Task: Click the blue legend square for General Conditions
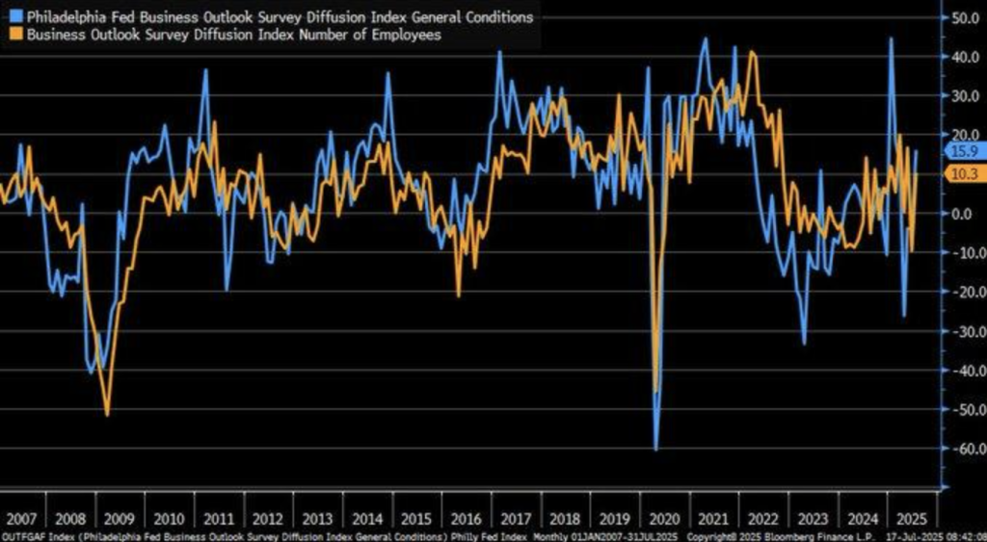pyautogui.click(x=15, y=16)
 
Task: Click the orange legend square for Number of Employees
pyautogui.click(x=15, y=35)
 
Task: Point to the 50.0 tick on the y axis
pyautogui.click(x=965, y=17)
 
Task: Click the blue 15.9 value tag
pyautogui.click(x=965, y=151)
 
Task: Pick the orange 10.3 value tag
pyautogui.click(x=965, y=173)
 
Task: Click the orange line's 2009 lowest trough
pyautogui.click(x=106, y=415)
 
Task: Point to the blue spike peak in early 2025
pyautogui.click(x=891, y=39)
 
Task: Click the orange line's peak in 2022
pyautogui.click(x=753, y=52)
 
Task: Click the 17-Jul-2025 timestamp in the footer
pyautogui.click(x=938, y=534)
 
